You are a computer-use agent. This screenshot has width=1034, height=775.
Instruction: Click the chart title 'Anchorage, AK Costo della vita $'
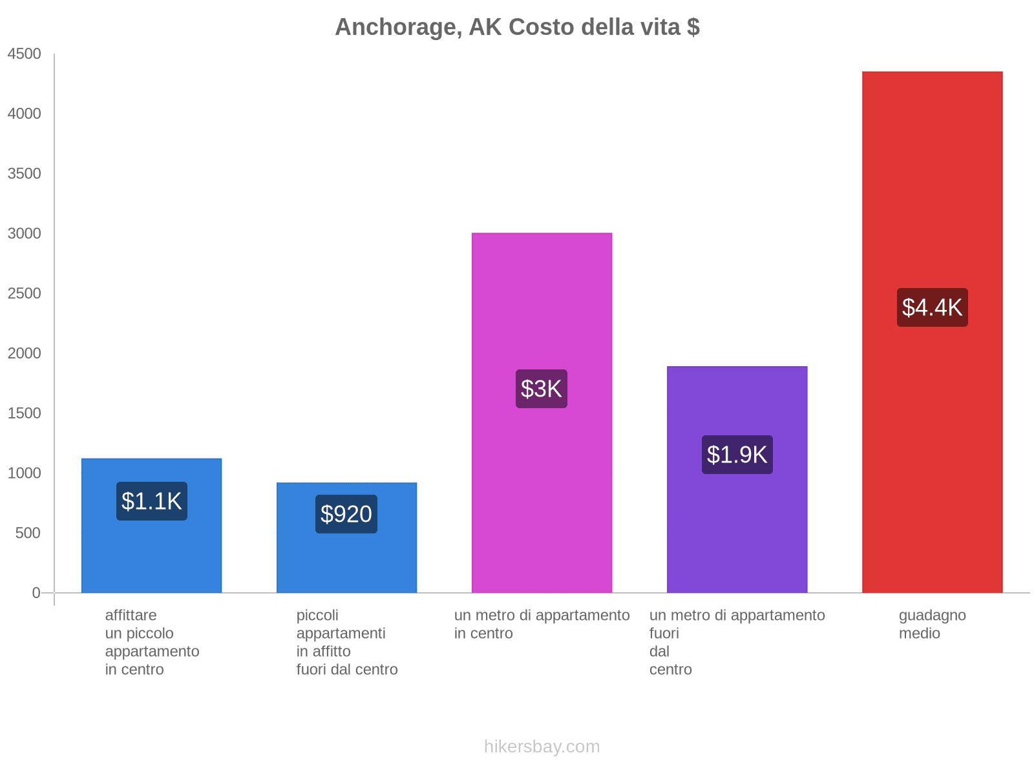coord(517,27)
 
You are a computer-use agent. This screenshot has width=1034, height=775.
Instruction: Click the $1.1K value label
coord(152,501)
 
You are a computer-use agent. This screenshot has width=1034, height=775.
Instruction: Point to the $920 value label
coord(346,514)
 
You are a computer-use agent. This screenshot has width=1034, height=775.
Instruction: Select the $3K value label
coord(542,389)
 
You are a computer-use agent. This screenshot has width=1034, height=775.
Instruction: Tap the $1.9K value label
coord(737,455)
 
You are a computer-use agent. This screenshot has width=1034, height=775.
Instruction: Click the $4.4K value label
coord(932,307)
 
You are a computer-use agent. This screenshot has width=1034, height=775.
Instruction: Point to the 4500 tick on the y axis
coord(25,54)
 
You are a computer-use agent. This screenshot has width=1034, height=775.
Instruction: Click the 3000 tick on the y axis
coord(25,234)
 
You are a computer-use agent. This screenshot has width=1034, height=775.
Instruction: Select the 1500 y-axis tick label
coord(25,413)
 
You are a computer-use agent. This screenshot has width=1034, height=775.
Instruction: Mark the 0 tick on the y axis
coord(36,593)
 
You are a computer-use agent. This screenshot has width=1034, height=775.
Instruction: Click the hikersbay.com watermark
coord(542,747)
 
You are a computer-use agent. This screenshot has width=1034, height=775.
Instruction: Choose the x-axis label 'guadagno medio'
coord(932,625)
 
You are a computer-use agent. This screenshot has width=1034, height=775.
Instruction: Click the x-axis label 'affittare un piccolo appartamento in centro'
coord(152,643)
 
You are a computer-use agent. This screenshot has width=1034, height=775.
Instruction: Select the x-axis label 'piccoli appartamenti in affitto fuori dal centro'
coord(346,643)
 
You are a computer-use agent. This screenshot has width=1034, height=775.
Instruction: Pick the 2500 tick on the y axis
coord(25,294)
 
